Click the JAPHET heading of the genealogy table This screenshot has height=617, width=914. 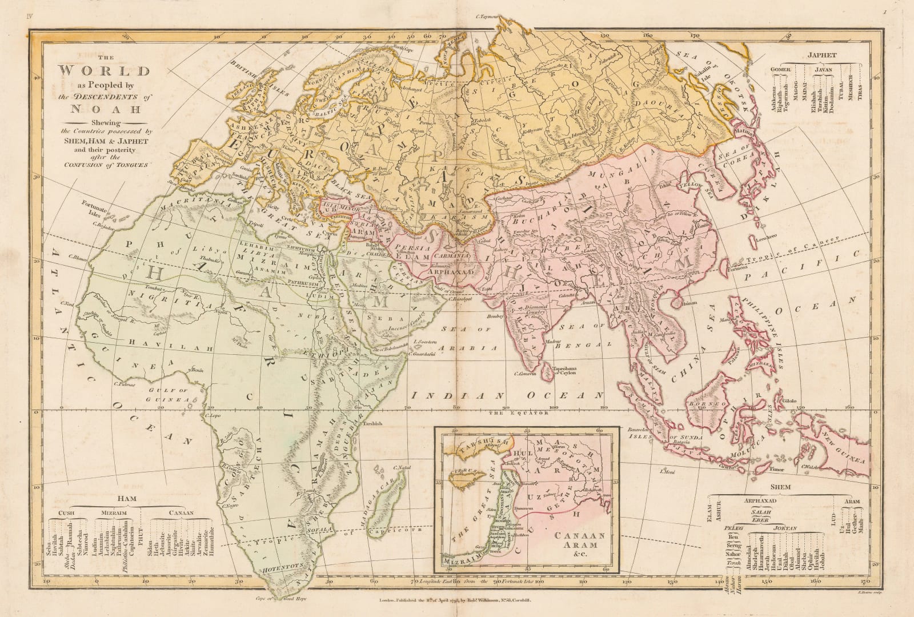pyautogui.click(x=822, y=55)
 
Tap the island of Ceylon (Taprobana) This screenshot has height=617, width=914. pyautogui.click(x=547, y=370)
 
